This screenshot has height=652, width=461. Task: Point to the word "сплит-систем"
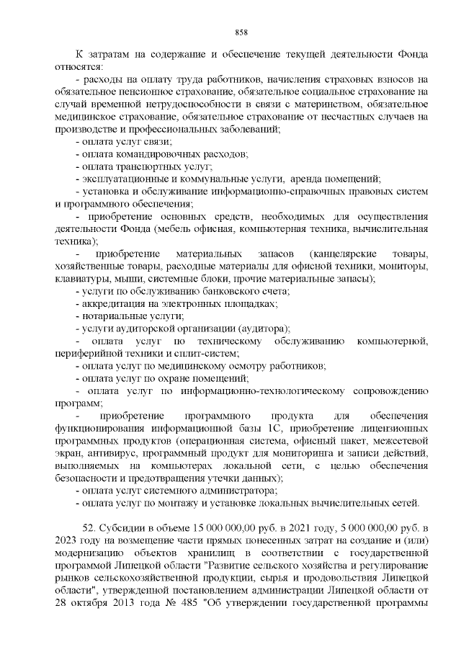point(207,354)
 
